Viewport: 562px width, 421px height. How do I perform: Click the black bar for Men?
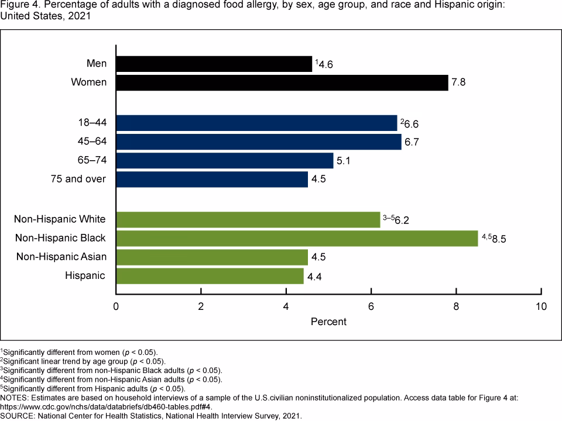(x=214, y=64)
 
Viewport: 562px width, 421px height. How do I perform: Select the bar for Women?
(x=282, y=82)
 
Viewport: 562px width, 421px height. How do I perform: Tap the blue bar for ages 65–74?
(x=225, y=160)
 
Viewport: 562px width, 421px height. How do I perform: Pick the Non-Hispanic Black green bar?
(x=297, y=238)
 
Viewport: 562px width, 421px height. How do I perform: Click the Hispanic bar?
(x=210, y=275)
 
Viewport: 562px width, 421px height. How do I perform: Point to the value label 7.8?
(x=458, y=82)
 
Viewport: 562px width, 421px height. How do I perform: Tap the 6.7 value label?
(x=412, y=142)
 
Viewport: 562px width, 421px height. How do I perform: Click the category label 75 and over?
(x=78, y=179)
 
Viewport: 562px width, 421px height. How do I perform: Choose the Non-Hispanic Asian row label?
(x=61, y=257)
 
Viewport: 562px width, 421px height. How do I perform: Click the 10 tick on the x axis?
(x=541, y=306)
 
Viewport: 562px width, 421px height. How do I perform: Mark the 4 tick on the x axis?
(x=286, y=306)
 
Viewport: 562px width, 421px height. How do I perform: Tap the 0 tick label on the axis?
(x=116, y=306)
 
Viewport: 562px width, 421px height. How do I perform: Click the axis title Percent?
(x=328, y=322)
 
